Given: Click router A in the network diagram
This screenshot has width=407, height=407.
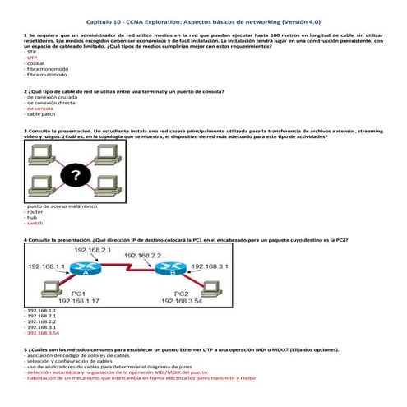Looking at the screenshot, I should (85, 268).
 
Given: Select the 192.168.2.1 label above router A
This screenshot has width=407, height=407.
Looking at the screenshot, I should (92, 249).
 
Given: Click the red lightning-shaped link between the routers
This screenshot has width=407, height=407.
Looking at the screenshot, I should (127, 271).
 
